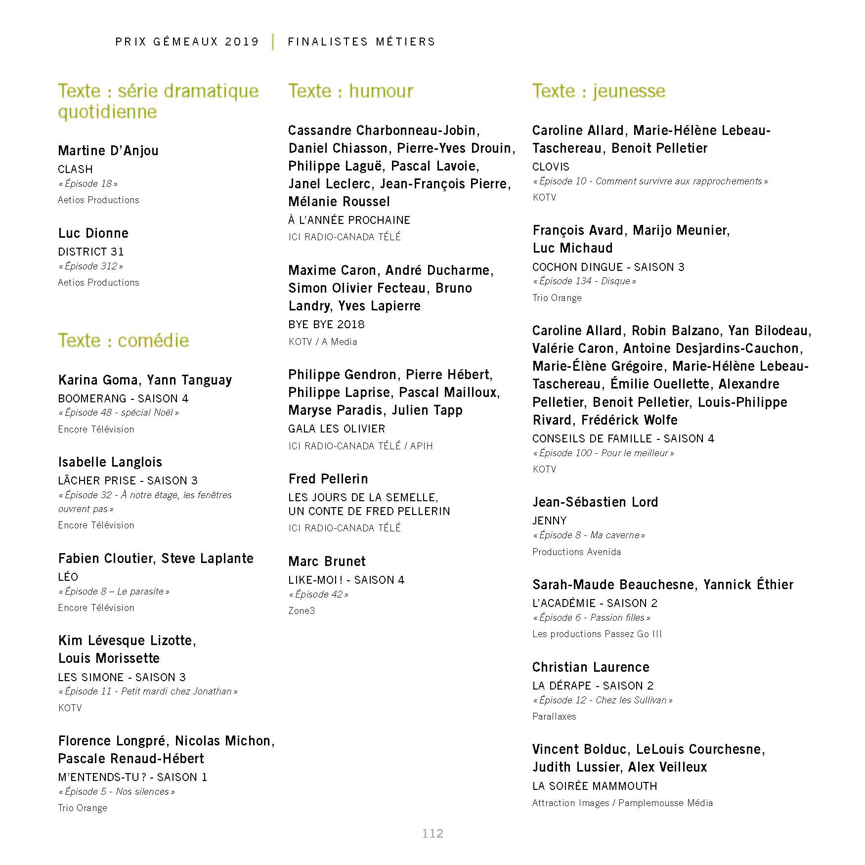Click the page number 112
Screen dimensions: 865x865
point(432,833)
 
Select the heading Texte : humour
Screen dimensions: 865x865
point(350,91)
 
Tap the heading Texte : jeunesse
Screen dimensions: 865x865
point(599,91)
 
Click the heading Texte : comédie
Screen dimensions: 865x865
point(124,341)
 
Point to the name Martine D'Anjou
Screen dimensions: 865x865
point(108,150)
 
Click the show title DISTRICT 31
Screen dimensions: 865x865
point(91,252)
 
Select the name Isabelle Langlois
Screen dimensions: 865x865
point(110,462)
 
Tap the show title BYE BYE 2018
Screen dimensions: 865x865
point(327,324)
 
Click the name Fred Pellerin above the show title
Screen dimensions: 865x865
point(328,478)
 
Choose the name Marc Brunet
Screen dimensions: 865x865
point(327,561)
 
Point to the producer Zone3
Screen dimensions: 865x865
point(302,610)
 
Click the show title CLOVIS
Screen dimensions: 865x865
point(551,167)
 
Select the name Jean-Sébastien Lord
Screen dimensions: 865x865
point(595,502)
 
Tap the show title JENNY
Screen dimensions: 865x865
point(550,520)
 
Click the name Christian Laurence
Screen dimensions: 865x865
point(591,667)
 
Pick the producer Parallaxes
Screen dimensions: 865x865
point(554,716)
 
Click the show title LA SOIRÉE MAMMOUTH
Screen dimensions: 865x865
point(595,786)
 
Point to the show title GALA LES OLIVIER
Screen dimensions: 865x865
point(337,429)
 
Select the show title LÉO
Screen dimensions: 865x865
point(68,577)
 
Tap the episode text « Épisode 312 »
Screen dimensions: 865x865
point(91,266)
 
